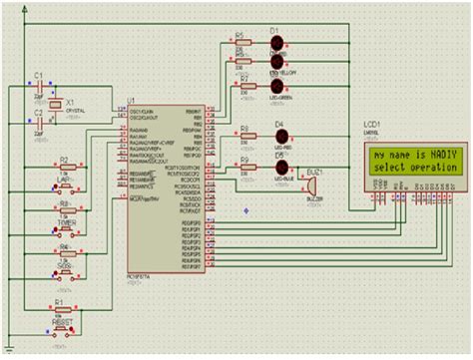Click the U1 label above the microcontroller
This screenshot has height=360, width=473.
(131, 101)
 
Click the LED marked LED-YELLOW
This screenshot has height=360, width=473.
(278, 63)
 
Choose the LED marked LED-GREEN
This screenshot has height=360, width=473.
(278, 85)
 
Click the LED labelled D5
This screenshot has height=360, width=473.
(280, 168)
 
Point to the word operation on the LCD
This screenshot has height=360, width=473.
(431, 168)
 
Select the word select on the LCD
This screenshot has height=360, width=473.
(387, 168)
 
